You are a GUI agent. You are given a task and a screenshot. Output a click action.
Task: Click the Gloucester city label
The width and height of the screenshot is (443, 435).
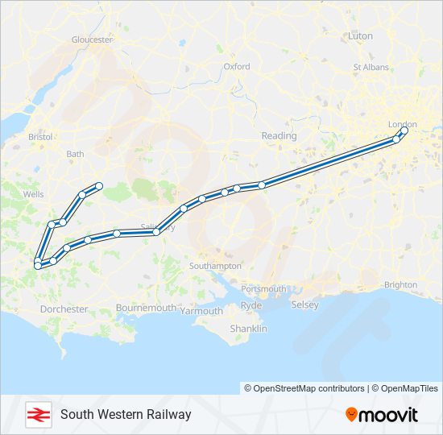click(91, 39)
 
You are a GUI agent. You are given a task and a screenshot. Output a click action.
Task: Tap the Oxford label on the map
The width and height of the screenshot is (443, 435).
click(237, 67)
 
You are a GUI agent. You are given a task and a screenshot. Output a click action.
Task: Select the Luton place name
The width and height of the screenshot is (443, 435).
click(360, 36)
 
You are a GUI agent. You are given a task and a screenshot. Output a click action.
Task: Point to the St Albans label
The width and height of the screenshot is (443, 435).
click(371, 68)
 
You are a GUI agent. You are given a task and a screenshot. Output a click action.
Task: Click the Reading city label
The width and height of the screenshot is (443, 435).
click(279, 136)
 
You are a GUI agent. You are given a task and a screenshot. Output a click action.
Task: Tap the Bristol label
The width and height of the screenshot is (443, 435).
click(39, 138)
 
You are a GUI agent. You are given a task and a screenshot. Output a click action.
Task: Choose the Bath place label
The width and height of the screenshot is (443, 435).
click(75, 154)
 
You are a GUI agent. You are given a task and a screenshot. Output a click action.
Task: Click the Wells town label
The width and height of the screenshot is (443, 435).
click(34, 194)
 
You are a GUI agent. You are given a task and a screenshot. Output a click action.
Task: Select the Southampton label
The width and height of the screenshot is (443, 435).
click(215, 266)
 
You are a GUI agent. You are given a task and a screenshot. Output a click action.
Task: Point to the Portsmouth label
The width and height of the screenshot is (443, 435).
click(263, 288)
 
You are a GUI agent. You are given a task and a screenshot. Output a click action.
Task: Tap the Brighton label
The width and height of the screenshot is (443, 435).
click(401, 284)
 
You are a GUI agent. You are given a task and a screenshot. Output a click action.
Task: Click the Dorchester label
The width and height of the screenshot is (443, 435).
click(64, 309)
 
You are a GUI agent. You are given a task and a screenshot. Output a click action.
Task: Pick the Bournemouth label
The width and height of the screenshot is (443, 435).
click(146, 308)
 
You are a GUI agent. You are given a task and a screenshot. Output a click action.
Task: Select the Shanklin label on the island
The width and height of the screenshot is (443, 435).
click(248, 329)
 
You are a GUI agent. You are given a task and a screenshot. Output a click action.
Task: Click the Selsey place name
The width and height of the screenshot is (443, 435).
click(305, 304)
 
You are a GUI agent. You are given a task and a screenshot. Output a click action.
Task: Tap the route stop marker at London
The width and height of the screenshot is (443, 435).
click(404, 130)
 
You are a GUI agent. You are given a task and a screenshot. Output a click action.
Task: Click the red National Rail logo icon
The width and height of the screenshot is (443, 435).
click(36, 414)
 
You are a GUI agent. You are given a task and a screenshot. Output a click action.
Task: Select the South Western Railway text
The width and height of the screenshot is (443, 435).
click(126, 414)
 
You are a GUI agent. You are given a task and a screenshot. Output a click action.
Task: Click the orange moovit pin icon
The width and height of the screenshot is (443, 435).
click(351, 415)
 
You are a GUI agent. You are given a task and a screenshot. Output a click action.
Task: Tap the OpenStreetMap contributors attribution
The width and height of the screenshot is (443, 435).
click(304, 388)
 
